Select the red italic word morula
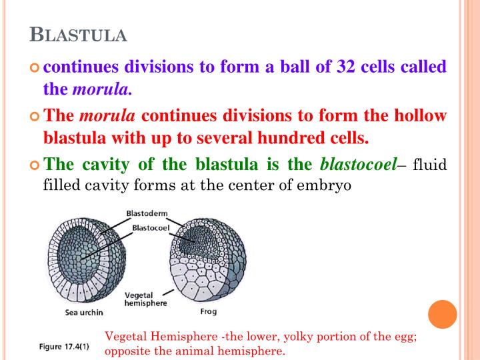tap(107, 115)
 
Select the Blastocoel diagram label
tap(151, 227)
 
